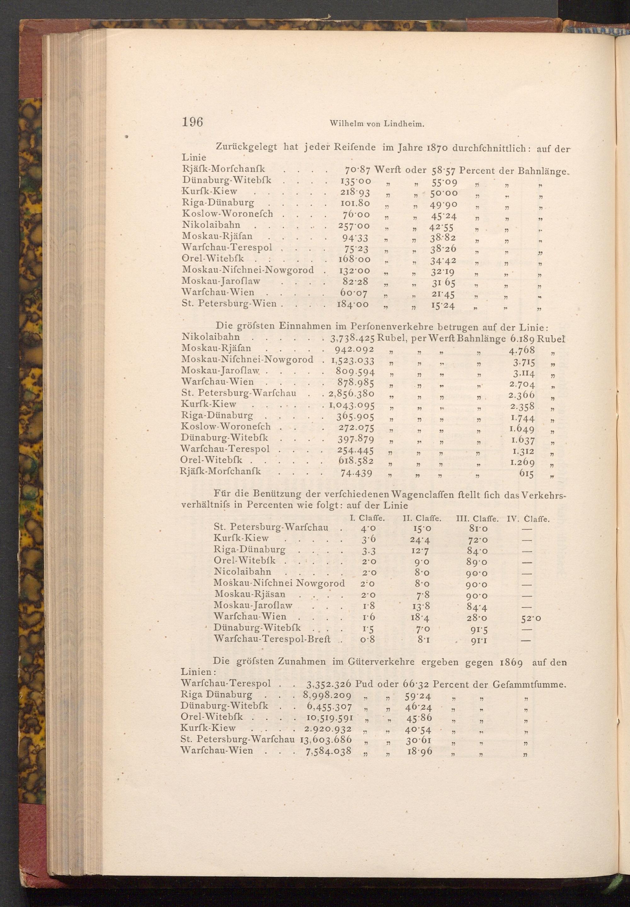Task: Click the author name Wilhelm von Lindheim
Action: (x=377, y=124)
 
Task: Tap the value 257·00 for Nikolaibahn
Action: (x=354, y=226)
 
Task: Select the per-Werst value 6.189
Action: (x=522, y=338)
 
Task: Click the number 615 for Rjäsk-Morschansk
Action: (x=526, y=474)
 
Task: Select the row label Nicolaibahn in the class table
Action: (x=242, y=572)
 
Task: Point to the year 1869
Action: (x=511, y=662)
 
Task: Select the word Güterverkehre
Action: (x=380, y=662)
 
